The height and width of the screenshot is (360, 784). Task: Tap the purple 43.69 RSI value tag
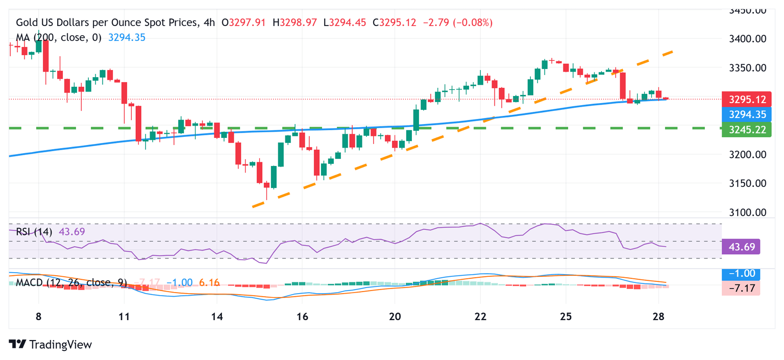(741, 247)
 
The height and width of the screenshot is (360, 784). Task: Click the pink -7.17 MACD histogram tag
(741, 288)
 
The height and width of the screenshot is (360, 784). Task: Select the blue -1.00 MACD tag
(741, 273)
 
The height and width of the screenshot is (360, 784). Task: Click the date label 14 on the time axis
(217, 316)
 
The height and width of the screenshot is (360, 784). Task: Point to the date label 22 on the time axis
(480, 316)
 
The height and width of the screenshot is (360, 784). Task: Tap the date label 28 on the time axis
(658, 316)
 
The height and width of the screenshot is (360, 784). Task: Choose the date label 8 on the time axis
(39, 316)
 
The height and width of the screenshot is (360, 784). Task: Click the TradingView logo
(51, 345)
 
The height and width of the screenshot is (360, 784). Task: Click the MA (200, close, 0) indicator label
(59, 37)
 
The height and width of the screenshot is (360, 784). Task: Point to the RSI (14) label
(34, 232)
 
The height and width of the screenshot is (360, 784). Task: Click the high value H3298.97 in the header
(295, 22)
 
